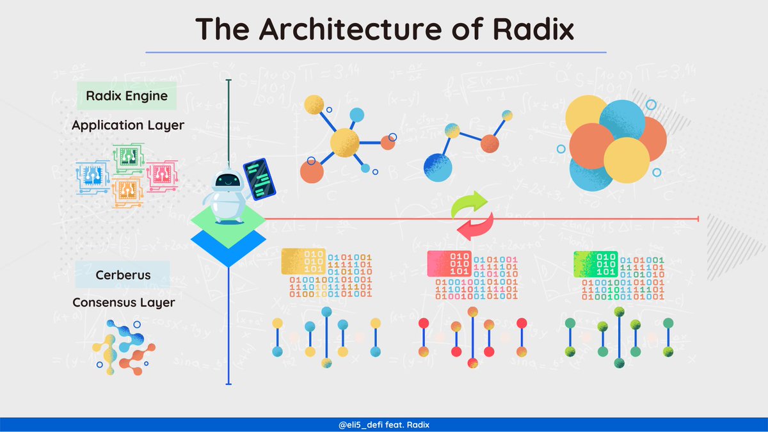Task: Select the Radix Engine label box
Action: pos(127,96)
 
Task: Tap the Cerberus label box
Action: pos(123,275)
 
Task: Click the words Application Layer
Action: pos(128,125)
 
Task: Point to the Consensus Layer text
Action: pos(123,302)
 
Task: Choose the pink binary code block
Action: pos(449,263)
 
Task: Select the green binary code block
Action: pos(596,263)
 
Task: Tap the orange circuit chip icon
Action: pos(126,193)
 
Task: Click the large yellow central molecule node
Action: pos(344,142)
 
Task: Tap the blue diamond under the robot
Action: pos(228,246)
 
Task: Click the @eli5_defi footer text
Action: pos(384,425)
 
